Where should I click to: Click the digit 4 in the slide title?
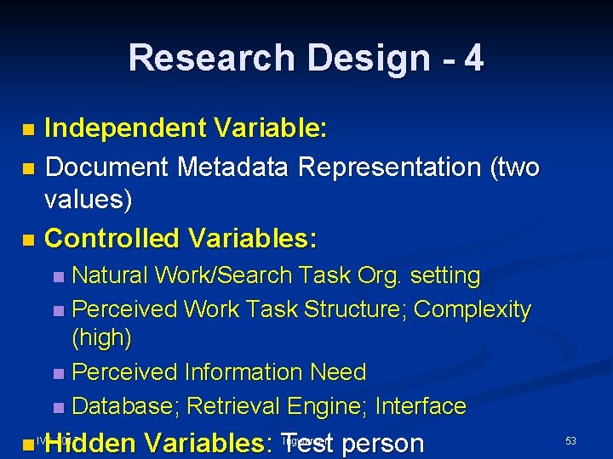click(474, 58)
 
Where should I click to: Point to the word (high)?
click(102, 338)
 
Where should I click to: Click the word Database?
click(126, 405)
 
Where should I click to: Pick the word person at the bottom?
click(383, 443)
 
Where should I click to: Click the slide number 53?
click(570, 440)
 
